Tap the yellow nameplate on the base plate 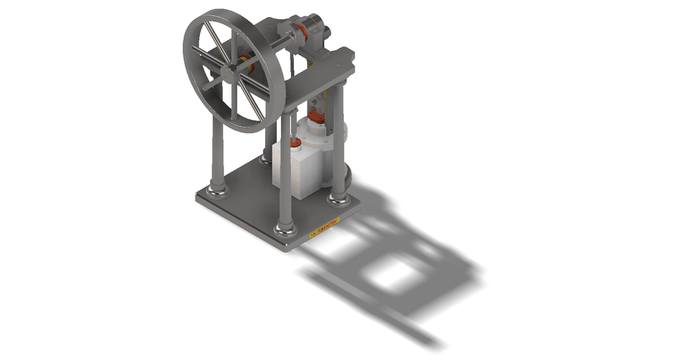(x=324, y=229)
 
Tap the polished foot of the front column (x=285, y=229)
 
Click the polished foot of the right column (x=339, y=196)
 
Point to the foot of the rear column (x=267, y=159)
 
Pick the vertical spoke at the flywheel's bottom (x=234, y=100)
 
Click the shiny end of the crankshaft (x=327, y=32)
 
